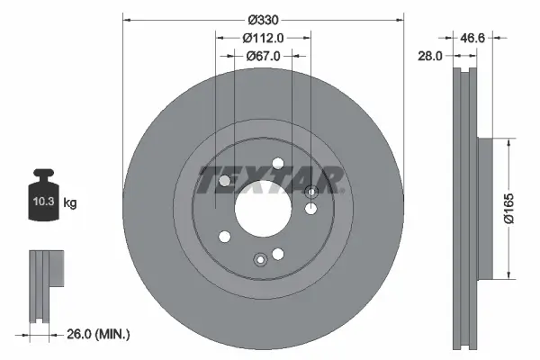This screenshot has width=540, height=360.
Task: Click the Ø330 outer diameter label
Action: pos(264,20)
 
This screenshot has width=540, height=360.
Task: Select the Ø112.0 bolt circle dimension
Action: pos(264,38)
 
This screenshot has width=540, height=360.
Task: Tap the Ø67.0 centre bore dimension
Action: pos(264,56)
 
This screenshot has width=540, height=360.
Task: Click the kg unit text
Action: pos(70,203)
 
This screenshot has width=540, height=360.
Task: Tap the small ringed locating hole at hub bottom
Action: pos(260,260)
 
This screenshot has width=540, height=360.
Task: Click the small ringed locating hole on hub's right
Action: pos(312,192)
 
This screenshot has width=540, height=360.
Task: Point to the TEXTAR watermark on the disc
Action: pos(270,180)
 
